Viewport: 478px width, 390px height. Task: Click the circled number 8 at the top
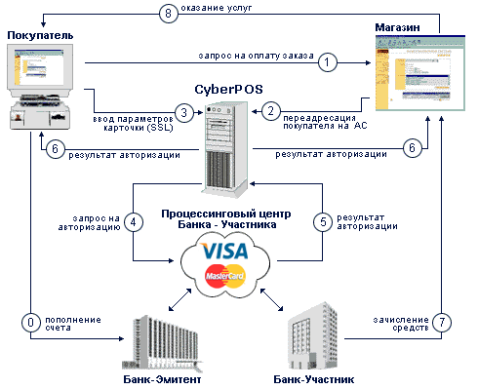point(169,14)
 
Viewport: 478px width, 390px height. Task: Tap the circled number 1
point(327,62)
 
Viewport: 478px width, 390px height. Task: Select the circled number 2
point(271,111)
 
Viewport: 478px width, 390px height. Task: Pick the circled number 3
point(184,113)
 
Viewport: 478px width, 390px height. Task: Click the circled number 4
point(134,222)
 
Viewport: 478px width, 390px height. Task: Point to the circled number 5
point(323,222)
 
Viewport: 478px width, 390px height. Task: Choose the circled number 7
point(442,322)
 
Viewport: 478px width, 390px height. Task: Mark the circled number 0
point(31,323)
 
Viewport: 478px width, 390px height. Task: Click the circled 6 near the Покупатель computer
point(55,149)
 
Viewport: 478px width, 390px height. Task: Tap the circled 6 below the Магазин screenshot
point(413,148)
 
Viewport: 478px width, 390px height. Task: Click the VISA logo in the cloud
point(224,251)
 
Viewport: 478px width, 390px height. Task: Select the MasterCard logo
point(225,276)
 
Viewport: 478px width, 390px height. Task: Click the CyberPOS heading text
point(228,90)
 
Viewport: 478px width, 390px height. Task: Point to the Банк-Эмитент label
point(162,379)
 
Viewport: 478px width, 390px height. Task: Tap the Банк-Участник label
point(314,379)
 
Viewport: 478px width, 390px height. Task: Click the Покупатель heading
point(40,35)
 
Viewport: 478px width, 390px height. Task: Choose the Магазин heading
point(397,27)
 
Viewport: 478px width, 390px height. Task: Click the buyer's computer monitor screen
point(39,67)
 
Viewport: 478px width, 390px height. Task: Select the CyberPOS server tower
point(225,149)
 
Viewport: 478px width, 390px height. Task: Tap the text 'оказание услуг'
point(217,8)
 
